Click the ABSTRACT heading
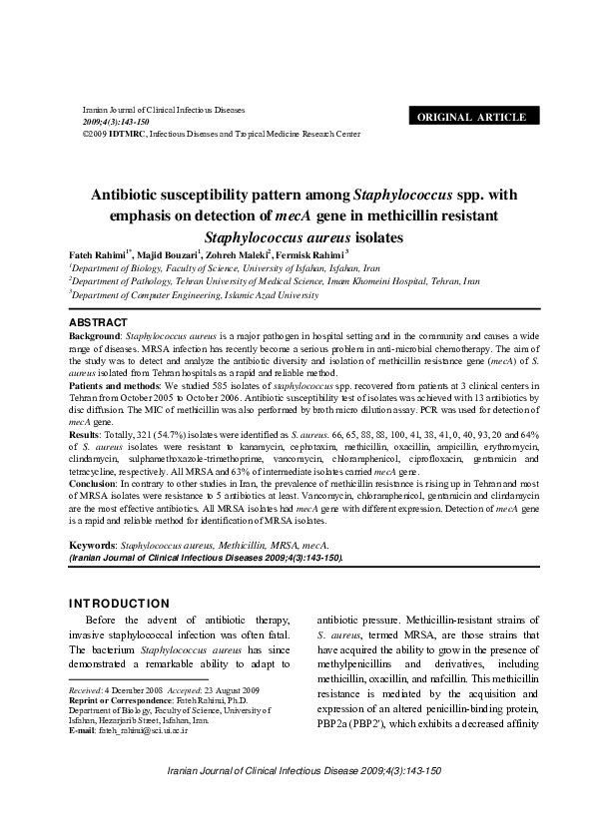pyautogui.click(x=97, y=322)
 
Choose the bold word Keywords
pyautogui.click(x=92, y=546)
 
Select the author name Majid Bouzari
pyautogui.click(x=169, y=255)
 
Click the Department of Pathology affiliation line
pyautogui.click(x=274, y=282)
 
